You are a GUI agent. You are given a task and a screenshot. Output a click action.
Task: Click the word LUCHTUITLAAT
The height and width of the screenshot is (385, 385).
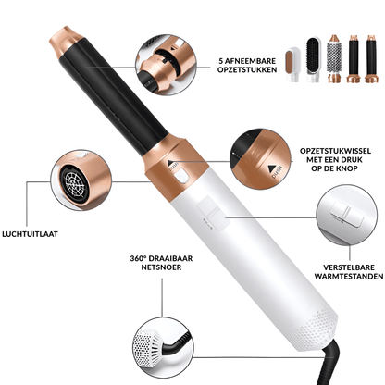coord(35,235)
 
